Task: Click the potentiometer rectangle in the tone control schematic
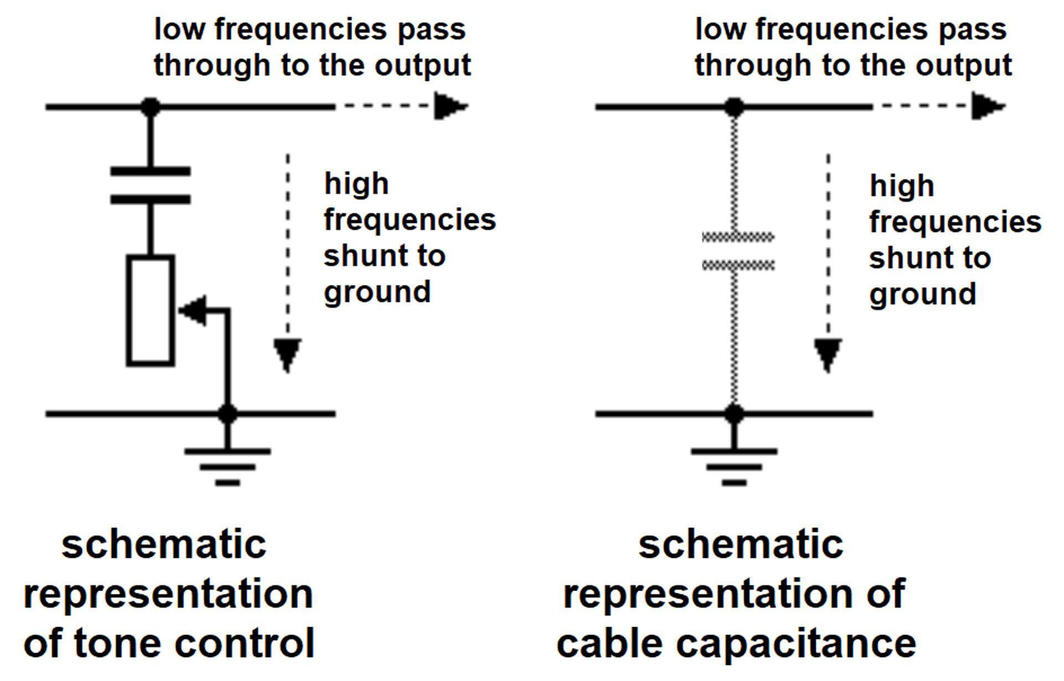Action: pos(151,311)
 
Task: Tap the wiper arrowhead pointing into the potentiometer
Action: pos(192,311)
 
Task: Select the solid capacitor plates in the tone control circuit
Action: pos(151,185)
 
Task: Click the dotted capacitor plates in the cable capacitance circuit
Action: pos(738,251)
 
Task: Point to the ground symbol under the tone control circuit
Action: pos(228,466)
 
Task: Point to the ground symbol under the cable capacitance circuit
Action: pos(734,466)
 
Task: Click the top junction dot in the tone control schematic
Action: pos(150,106)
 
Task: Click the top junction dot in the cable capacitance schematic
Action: pos(734,106)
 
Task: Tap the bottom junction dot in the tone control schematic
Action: pos(228,414)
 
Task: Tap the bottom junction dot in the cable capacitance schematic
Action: pos(734,414)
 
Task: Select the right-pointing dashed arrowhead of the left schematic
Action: pos(450,106)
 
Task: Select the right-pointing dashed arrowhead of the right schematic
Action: pos(988,106)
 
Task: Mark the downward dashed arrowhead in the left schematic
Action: pos(287,354)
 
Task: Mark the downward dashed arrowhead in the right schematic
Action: pos(828,354)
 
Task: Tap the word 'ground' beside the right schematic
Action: pos(923,294)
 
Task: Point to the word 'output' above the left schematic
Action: pos(423,65)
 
